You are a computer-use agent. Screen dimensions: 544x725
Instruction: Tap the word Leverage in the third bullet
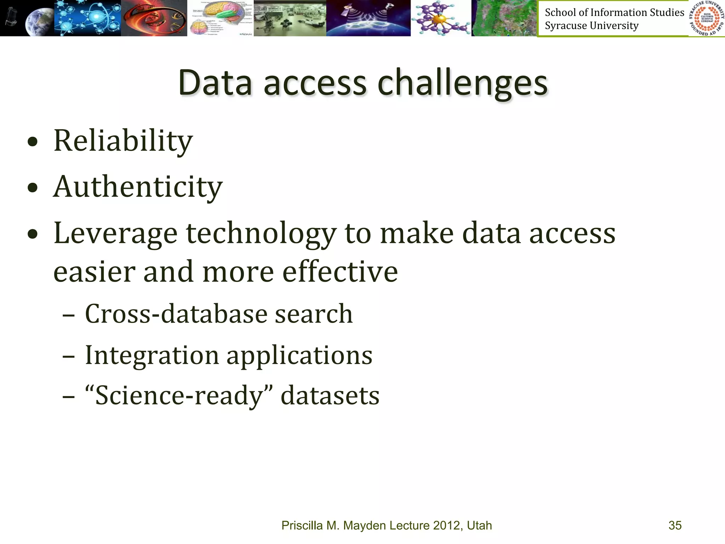115,234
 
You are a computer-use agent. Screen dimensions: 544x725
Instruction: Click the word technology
261,234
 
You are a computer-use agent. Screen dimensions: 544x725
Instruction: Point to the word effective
340,272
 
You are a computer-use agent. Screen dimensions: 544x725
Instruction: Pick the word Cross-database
176,314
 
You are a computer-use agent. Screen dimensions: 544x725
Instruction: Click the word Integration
152,355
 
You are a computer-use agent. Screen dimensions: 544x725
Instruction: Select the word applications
299,356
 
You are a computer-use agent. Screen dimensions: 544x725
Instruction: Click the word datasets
330,395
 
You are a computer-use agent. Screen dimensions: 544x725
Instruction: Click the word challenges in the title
462,84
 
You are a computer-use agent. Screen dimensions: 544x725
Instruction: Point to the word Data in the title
215,83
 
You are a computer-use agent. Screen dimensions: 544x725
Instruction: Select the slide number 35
675,525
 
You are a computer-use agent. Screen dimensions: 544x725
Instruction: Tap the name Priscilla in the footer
302,525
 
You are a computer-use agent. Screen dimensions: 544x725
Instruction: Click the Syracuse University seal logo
707,18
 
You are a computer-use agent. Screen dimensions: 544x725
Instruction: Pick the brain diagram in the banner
220,18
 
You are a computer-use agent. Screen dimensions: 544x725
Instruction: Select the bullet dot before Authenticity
33,188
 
